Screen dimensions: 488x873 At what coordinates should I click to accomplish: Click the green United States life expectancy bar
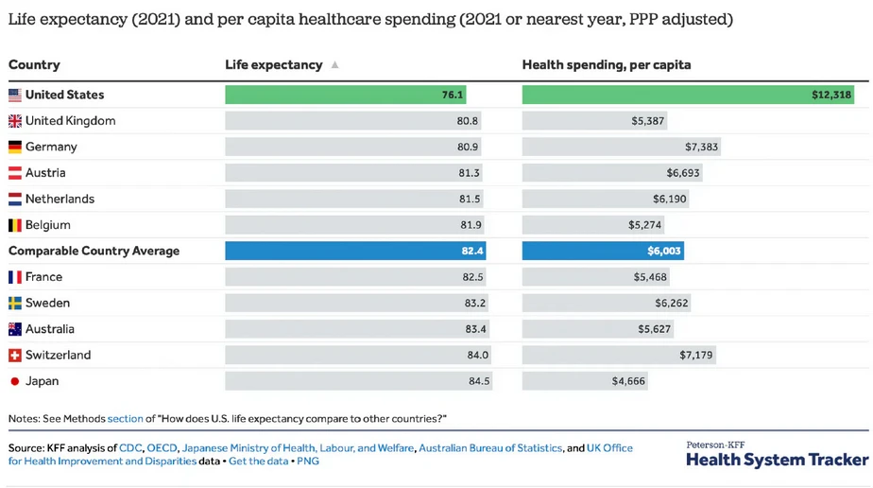345,95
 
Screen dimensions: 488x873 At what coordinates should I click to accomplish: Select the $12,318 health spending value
831,95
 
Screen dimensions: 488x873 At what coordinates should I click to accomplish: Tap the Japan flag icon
15,381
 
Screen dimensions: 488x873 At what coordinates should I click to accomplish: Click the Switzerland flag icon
15,356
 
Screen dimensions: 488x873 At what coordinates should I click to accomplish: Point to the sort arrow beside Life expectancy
334,65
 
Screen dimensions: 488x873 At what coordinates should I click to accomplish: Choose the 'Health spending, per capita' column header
606,65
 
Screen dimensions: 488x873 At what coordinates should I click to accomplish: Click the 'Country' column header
34,65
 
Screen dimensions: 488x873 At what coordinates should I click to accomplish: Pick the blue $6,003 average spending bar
602,251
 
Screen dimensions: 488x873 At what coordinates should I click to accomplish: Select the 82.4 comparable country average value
472,251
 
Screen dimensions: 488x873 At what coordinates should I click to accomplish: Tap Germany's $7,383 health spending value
701,147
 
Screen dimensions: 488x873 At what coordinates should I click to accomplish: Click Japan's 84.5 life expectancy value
479,381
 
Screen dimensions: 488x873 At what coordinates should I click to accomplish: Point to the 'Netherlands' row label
60,199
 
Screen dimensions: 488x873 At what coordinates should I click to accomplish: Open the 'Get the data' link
258,462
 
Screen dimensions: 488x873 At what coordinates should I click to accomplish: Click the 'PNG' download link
308,462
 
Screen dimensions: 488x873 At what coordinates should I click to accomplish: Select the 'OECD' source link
162,448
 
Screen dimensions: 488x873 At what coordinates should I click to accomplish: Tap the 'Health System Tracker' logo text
777,460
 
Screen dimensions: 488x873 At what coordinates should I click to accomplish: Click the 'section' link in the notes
126,418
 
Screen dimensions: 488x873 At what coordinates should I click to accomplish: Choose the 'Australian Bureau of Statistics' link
489,448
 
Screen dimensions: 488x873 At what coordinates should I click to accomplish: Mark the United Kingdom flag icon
15,121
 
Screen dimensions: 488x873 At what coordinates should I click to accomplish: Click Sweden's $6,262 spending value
672,303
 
